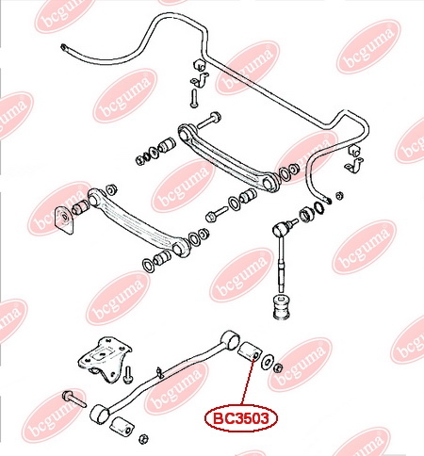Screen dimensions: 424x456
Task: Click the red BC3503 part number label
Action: pyautogui.click(x=241, y=418)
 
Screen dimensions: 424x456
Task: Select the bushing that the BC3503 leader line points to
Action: pyautogui.click(x=249, y=350)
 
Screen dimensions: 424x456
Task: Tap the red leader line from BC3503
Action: pyautogui.click(x=248, y=381)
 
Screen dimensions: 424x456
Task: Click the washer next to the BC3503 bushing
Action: pyautogui.click(x=267, y=361)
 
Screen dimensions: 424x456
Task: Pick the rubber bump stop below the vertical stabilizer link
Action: pyautogui.click(x=281, y=307)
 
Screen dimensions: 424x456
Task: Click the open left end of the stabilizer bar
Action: pyautogui.click(x=64, y=48)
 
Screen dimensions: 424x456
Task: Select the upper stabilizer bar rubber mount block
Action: pyautogui.click(x=199, y=64)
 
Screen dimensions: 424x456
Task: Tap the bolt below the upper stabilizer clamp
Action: pyautogui.click(x=193, y=98)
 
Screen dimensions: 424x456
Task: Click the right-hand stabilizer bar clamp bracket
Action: pyautogui.click(x=355, y=165)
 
